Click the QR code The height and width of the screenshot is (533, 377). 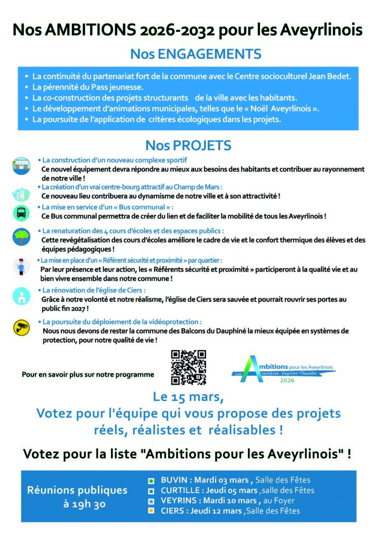pos(188,367)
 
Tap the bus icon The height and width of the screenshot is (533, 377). pos(21,212)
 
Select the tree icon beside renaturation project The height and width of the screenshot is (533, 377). pos(21,237)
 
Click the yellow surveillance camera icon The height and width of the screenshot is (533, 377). pos(21,327)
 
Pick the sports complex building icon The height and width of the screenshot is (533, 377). pos(21,166)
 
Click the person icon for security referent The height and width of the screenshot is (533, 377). pos(21,265)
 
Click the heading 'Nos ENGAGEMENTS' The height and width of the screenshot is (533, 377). pos(196,54)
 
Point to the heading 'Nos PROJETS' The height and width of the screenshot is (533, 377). pos(188,145)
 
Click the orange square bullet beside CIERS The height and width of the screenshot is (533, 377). pos(150,511)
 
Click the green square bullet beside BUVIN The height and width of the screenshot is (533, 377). pos(150,480)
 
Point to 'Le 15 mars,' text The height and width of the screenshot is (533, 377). pos(188,397)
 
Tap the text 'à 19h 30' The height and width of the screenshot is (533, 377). pos(77,504)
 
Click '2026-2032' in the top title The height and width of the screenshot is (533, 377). pos(175,30)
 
